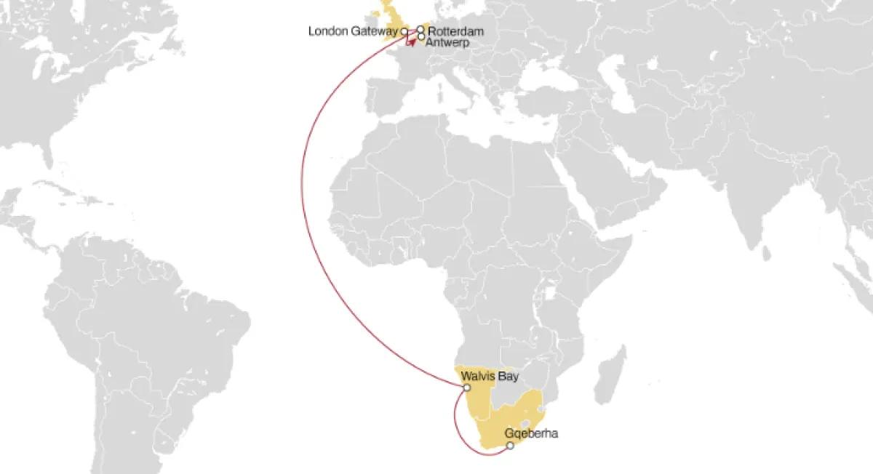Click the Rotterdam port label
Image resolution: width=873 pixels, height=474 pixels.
tap(455, 32)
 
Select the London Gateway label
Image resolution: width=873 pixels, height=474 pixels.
tap(353, 31)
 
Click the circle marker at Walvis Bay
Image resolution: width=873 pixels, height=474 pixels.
tap(467, 387)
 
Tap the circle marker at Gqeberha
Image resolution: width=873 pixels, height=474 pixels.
tap(510, 445)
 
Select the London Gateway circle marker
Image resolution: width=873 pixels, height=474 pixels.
tap(404, 32)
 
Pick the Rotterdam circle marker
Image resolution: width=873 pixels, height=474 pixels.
tap(420, 29)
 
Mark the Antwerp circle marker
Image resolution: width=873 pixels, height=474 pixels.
tap(421, 36)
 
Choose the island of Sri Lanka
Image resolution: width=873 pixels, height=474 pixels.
tap(765, 252)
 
